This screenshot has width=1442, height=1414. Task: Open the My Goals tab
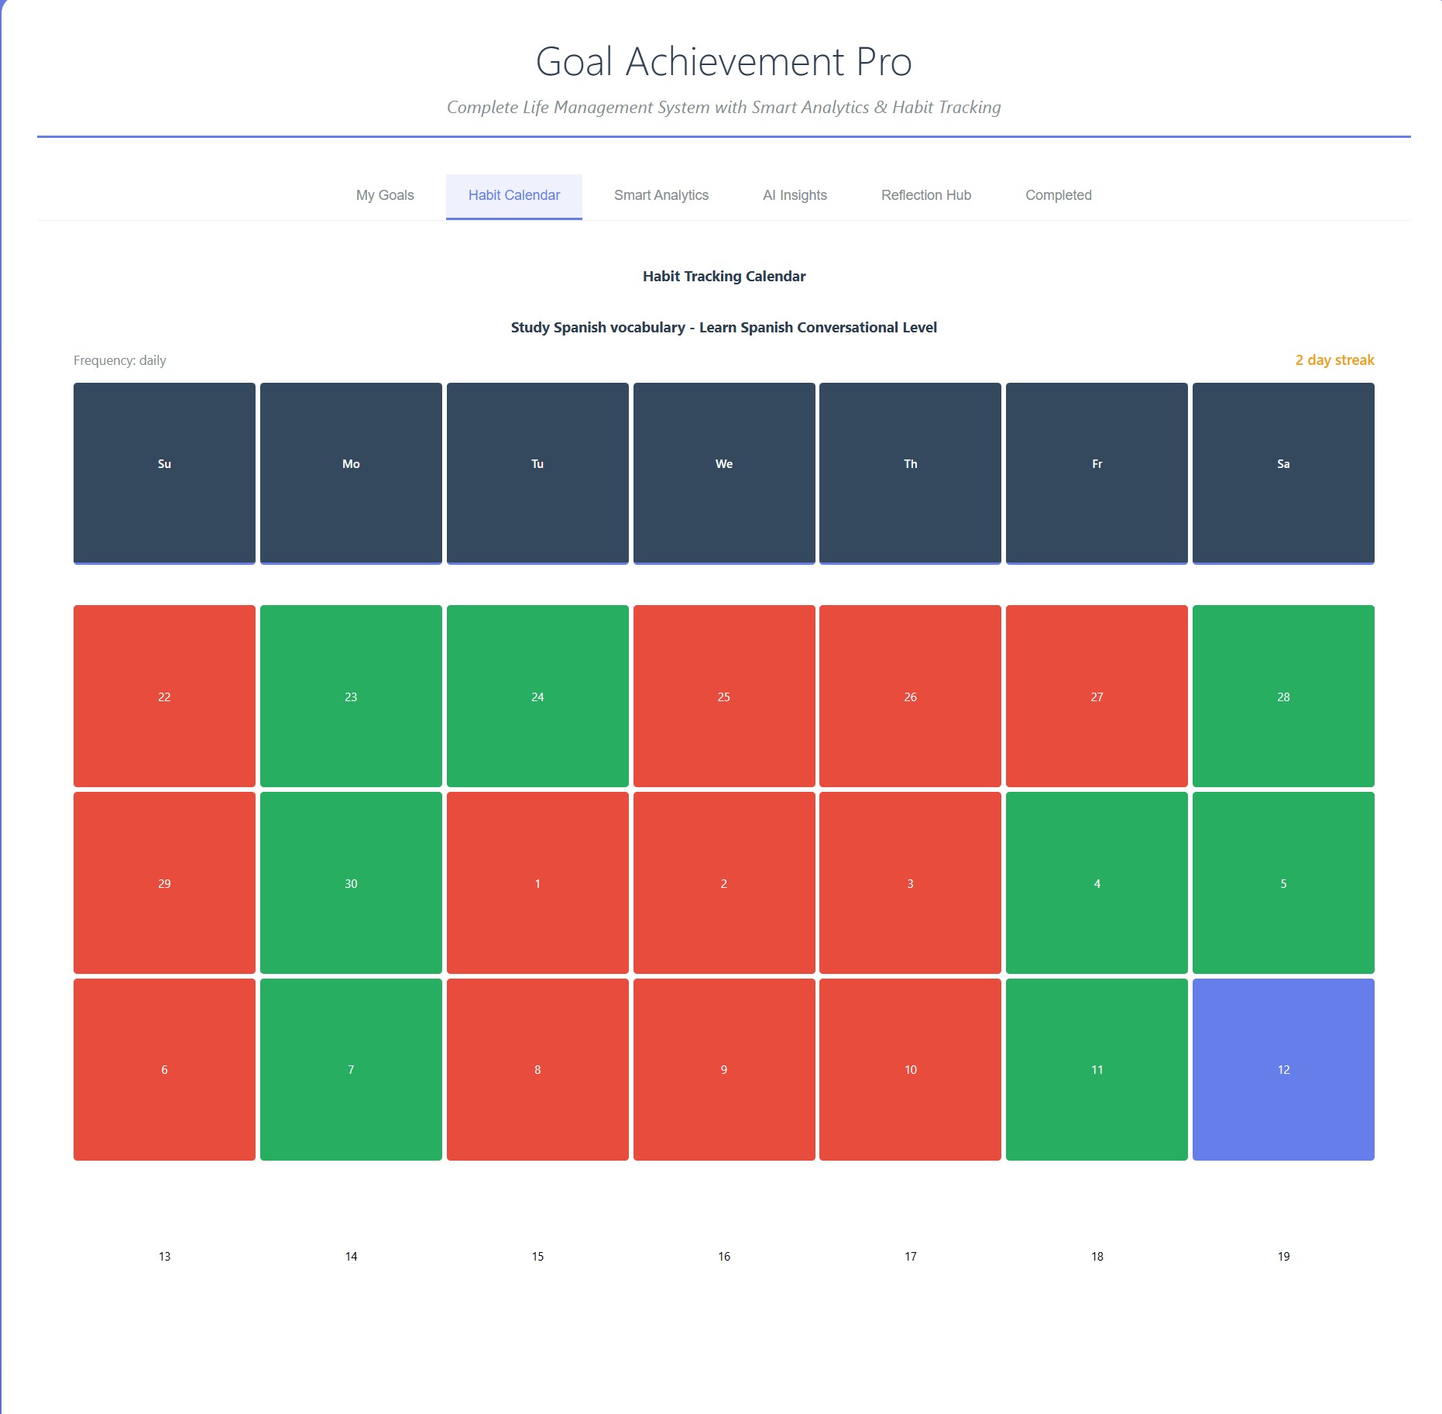385,195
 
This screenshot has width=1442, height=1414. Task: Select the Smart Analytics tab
661,195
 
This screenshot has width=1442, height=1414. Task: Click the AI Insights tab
795,195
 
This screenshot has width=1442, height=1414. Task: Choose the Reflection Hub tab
925,195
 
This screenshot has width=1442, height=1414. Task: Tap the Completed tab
1058,195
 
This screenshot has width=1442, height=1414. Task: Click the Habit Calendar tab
513,195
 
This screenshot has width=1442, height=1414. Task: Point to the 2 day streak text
1334,360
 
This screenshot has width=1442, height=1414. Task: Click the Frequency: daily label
120,360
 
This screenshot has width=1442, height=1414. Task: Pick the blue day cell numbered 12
1282,1069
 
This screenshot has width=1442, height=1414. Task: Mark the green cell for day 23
351,696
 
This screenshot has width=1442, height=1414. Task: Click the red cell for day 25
723,696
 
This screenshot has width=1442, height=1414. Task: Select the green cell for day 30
351,882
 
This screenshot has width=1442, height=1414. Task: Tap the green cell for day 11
1097,1069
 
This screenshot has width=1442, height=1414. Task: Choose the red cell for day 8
537,1069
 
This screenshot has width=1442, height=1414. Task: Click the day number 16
723,1256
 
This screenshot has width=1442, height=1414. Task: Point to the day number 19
1282,1256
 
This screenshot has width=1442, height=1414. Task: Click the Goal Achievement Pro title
723,62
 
